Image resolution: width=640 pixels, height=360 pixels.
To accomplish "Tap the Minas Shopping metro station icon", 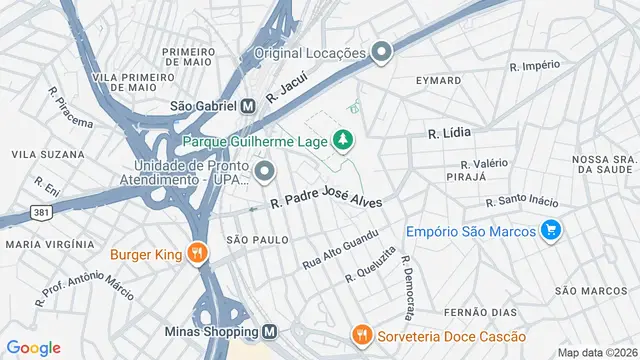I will [270, 332].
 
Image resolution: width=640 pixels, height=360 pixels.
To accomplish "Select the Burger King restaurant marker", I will [198, 254].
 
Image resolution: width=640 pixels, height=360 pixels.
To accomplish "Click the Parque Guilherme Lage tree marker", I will [343, 139].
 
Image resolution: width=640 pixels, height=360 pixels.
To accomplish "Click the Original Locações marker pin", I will [381, 52].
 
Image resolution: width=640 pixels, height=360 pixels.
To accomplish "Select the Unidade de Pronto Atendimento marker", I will [265, 171].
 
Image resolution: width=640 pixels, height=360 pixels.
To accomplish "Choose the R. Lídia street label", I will [449, 132].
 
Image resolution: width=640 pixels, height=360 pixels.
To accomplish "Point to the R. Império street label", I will [534, 67].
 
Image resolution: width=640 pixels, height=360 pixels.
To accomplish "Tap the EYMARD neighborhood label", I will [440, 80].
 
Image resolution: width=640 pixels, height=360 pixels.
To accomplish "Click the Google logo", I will [33, 347].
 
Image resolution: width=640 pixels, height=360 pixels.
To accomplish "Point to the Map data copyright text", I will [596, 352].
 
